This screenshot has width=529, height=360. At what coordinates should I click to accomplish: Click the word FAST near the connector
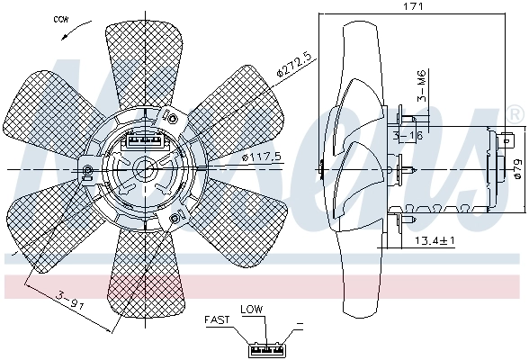[216, 319]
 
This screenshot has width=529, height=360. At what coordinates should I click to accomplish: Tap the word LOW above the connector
[251, 310]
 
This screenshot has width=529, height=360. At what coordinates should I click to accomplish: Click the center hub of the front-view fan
[144, 168]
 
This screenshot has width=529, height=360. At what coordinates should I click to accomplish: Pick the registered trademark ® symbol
[514, 114]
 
